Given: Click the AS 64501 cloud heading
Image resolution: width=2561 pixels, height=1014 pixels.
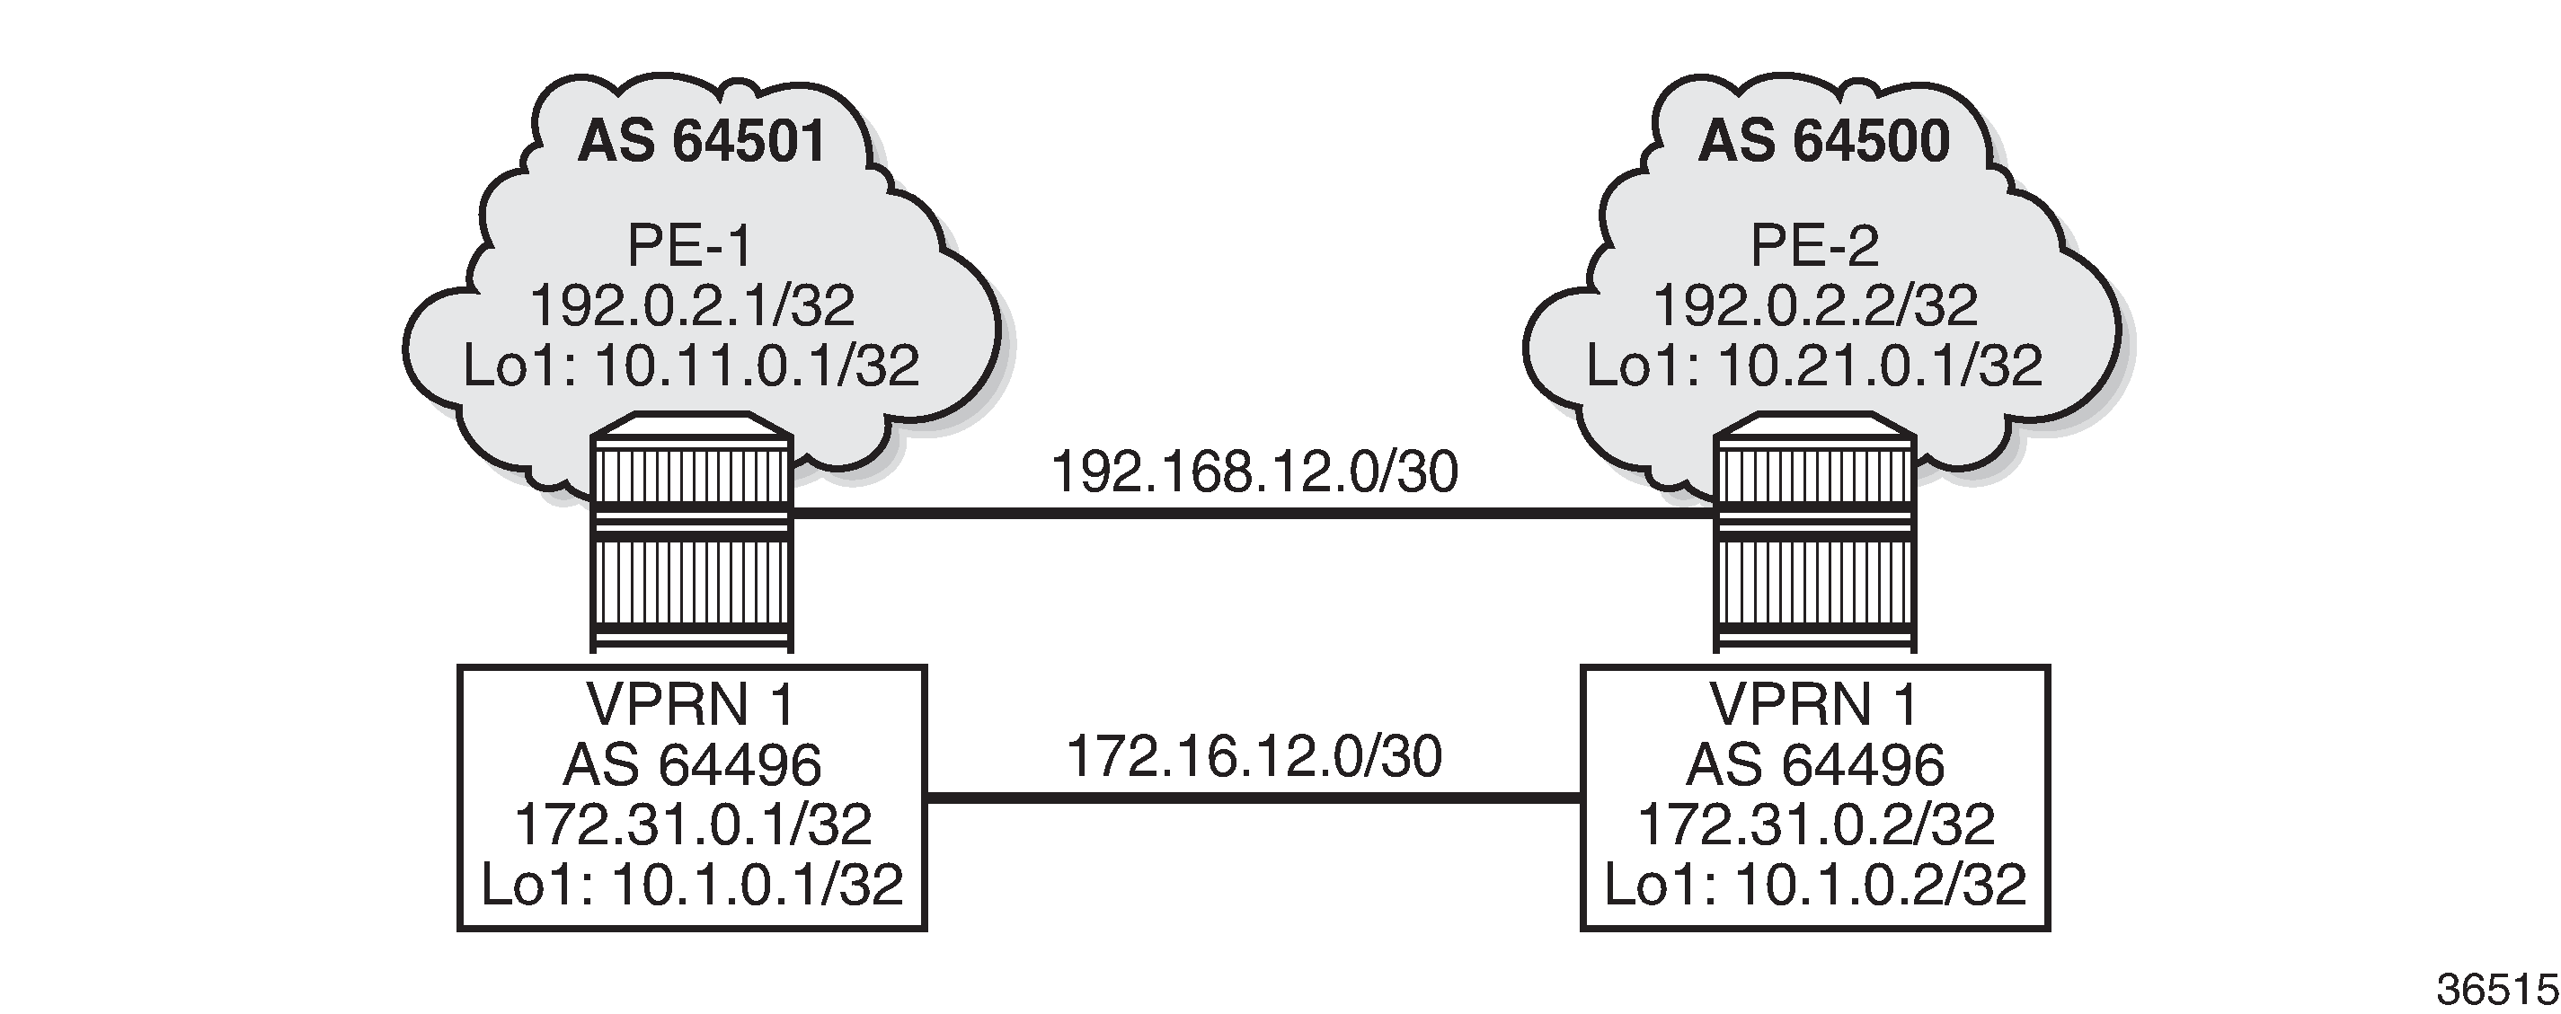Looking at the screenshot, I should coord(702,142).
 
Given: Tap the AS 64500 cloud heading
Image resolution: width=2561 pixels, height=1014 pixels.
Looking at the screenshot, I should coord(1823,142).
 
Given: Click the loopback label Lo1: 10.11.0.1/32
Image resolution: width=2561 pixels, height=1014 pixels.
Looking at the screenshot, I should coord(692,365).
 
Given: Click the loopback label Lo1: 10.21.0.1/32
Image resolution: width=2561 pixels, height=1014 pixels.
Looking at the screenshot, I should coord(1814,365).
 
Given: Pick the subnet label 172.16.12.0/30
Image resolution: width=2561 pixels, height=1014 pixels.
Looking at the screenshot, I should coord(1254,756).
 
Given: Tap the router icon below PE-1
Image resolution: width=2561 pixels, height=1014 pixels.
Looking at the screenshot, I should coord(692,532).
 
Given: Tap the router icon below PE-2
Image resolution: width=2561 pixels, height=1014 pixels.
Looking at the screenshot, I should coord(1815,532).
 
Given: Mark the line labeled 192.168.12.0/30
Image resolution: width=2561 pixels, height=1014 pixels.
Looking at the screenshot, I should coord(1254,513).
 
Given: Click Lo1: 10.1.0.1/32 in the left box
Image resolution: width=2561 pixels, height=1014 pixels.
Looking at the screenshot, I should coord(692,884).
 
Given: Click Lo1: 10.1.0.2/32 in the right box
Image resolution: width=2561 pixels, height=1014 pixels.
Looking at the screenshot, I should coord(1815,884).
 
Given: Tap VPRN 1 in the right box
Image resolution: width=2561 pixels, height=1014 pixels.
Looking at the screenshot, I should coord(1815,705).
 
